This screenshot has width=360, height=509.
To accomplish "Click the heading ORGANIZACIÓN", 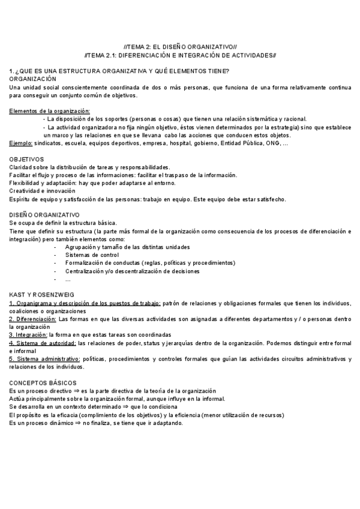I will [33, 79].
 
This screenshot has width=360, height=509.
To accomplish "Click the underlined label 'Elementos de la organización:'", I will [50, 111].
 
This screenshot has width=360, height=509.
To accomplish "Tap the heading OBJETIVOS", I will [27, 159].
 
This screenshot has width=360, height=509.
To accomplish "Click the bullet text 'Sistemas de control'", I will [92, 254].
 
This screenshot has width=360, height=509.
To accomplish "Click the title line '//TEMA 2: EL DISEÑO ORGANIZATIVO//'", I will [180, 46].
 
